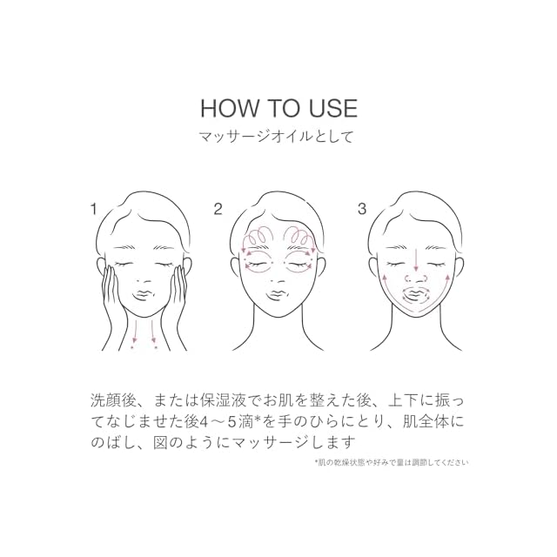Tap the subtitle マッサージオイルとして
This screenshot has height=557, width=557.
coord(277,137)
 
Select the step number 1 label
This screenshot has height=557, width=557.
coord(93,209)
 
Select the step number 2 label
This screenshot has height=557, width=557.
coord(218,209)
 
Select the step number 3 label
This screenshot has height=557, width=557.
coord(362,209)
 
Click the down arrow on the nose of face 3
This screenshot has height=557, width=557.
coord(416,259)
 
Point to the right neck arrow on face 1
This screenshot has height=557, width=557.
coord(153,331)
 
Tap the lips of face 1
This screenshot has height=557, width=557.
coord(144,296)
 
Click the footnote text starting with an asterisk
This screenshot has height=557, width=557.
coord(391,462)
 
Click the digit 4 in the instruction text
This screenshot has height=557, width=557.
coord(204,422)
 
